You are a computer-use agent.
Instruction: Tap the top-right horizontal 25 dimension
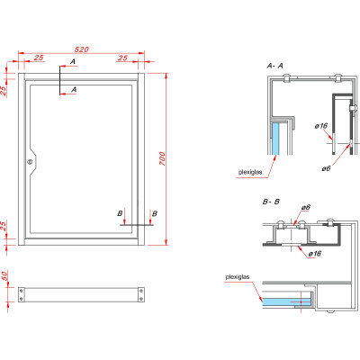(121, 58)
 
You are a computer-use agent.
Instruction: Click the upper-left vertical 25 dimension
(4, 90)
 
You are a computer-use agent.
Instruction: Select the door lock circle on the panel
(29, 162)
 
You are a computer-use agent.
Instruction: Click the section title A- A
(275, 67)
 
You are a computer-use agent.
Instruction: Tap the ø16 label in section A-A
(322, 126)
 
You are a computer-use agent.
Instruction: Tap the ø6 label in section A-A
(325, 167)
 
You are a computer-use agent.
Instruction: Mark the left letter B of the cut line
(121, 213)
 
